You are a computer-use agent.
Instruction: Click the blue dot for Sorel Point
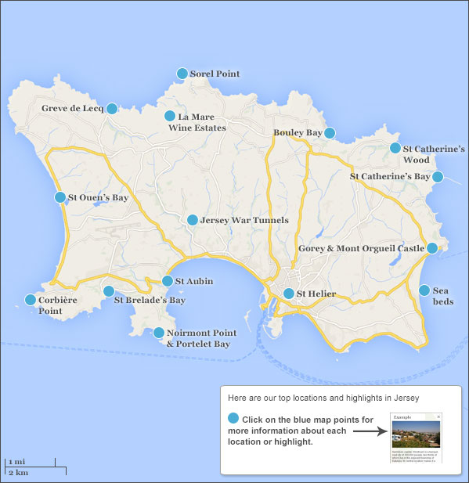pyautogui.click(x=182, y=74)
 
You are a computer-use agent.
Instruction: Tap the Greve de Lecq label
pyautogui.click(x=72, y=108)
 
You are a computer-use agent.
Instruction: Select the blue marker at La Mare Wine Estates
pyautogui.click(x=170, y=117)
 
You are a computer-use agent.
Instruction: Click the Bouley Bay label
pyautogui.click(x=298, y=133)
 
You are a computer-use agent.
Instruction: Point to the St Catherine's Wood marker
pyautogui.click(x=395, y=148)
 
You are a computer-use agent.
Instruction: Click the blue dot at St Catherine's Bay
pyautogui.click(x=438, y=178)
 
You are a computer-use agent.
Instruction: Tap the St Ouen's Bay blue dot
pyautogui.click(x=60, y=198)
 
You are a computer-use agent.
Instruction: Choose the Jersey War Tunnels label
pyautogui.click(x=244, y=221)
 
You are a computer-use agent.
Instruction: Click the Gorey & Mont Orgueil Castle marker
pyautogui.click(x=432, y=249)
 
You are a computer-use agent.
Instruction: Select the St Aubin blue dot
pyautogui.click(x=168, y=281)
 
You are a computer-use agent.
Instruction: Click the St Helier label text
pyautogui.click(x=316, y=294)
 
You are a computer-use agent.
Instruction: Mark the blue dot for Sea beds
pyautogui.click(x=424, y=290)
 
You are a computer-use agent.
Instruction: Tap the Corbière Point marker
pyautogui.click(x=31, y=300)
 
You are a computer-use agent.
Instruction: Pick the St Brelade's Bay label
pyautogui.click(x=150, y=300)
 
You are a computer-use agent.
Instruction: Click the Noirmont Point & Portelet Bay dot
pyautogui.click(x=160, y=333)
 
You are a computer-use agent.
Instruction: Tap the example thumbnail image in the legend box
pyautogui.click(x=416, y=438)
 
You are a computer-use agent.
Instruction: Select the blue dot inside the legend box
pyautogui.click(x=233, y=419)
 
